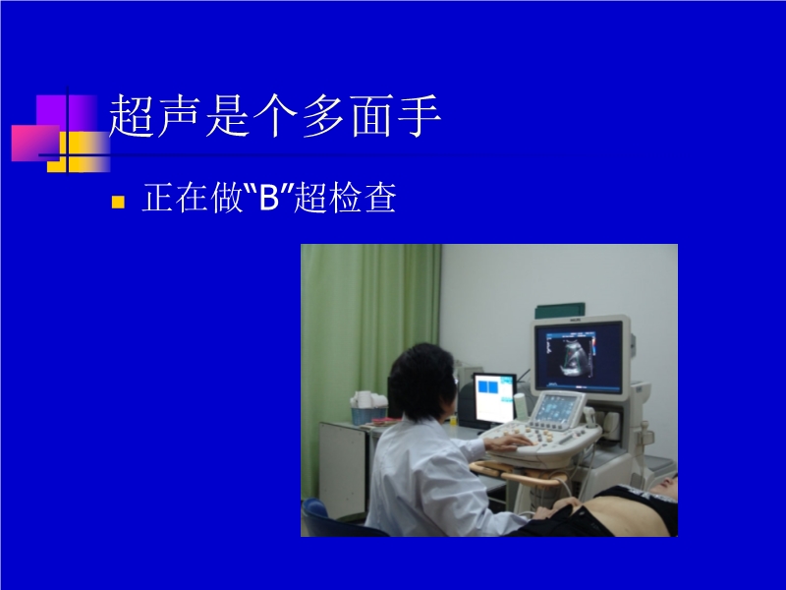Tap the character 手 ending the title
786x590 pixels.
(420, 116)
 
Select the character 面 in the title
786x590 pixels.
(371, 116)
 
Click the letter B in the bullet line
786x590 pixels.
(268, 198)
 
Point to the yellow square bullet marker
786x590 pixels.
(118, 202)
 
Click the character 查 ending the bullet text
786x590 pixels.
(380, 198)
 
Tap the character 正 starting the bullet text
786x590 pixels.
(158, 198)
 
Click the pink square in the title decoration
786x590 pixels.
(34, 143)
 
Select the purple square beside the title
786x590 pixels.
(66, 113)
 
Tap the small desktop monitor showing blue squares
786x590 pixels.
(495, 399)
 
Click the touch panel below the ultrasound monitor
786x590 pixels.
(557, 406)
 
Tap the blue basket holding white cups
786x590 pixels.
(368, 414)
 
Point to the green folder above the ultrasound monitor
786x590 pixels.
(559, 310)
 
